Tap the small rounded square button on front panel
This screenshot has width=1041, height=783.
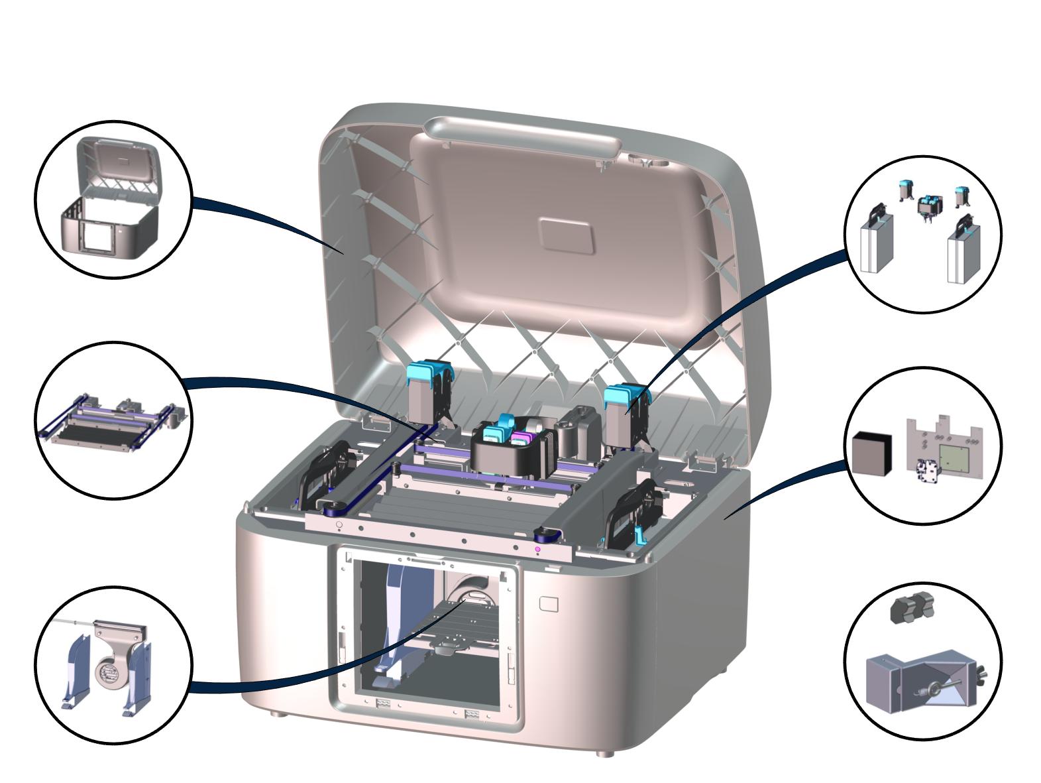(x=549, y=604)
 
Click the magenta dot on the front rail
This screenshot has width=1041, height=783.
(x=538, y=549)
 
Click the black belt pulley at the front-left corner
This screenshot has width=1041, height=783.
(x=331, y=508)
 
